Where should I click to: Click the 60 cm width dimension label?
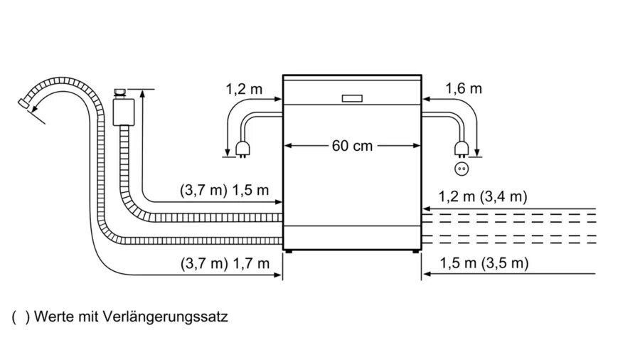(352, 146)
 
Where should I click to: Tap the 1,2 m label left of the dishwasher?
(243, 90)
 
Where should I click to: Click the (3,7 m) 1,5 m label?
(224, 190)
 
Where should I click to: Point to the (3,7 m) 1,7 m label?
(224, 263)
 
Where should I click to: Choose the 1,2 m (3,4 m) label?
(484, 196)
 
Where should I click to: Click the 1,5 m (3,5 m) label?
(484, 263)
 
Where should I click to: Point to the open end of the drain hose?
(26, 105)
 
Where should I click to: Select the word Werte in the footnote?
(52, 316)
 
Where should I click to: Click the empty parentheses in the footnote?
(21, 316)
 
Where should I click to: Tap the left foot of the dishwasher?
(288, 250)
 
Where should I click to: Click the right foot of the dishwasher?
(415, 250)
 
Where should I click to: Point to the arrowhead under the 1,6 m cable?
(477, 150)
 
